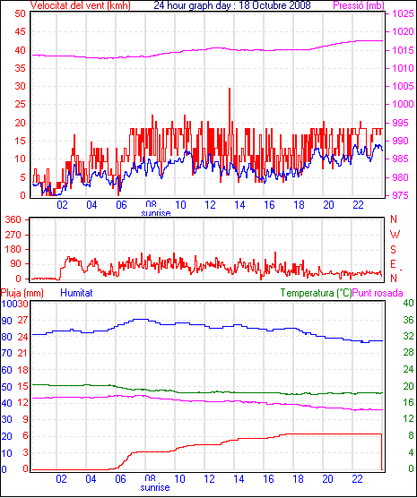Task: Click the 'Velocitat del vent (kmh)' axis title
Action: pos(80,5)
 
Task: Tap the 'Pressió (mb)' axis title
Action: pos(359,5)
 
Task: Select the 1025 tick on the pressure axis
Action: pos(403,13)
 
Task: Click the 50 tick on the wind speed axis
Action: pos(20,13)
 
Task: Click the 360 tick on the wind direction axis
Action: pos(13,219)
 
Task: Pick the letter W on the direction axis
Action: pos(395,235)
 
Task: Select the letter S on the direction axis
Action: pos(394,250)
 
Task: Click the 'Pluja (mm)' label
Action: pos(22,293)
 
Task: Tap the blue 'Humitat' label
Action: pos(76,293)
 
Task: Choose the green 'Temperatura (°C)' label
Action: pos(317,293)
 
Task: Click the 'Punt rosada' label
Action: pos(378,293)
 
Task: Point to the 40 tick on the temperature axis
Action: pos(408,303)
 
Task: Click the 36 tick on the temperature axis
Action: pos(408,320)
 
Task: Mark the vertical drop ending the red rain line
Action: pos(382,451)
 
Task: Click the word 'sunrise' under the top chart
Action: pos(156,213)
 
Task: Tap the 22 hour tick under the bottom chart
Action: pos(358,478)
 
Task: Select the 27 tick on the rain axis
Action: pos(22,320)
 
